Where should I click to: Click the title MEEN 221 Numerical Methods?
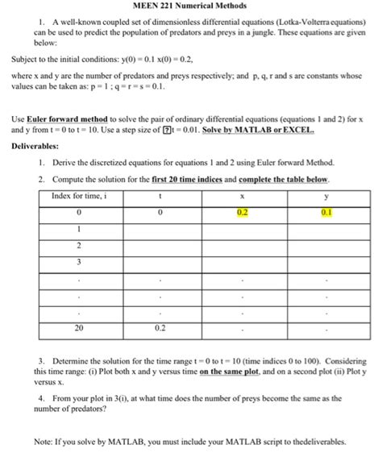point(190,7)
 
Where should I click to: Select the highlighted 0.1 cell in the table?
point(326,212)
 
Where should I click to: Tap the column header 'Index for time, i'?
point(79,196)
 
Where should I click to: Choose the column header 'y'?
point(326,196)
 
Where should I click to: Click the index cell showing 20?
point(79,328)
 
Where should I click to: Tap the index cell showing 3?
point(79,261)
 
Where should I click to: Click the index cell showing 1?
point(79,229)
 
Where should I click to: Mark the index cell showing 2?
point(79,245)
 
